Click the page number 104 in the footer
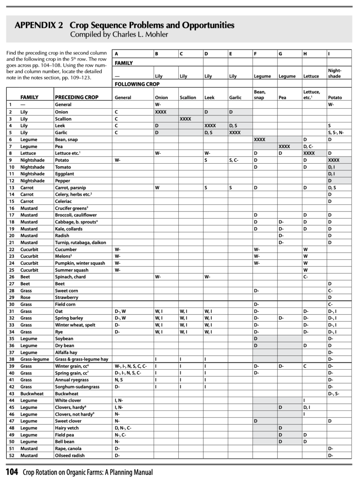pyautogui.click(x=12, y=472)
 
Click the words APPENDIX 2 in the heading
pyautogui.click(x=39, y=26)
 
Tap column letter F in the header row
pyautogui.click(x=255, y=54)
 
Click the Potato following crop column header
pyautogui.click(x=335, y=98)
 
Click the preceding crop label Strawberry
pyautogui.click(x=66, y=298)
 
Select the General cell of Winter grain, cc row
pyautogui.click(x=131, y=366)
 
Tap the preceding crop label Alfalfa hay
pyautogui.click(x=66, y=352)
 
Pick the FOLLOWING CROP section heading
pyautogui.click(x=137, y=84)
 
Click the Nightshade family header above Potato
pyautogui.click(x=334, y=73)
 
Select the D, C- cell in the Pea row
pyautogui.click(x=308, y=146)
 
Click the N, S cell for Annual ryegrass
pyautogui.click(x=119, y=380)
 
